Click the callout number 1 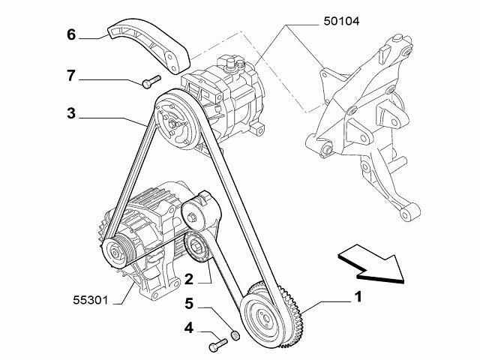click(x=359, y=298)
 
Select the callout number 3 click(x=70, y=115)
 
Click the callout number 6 click(x=71, y=34)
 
